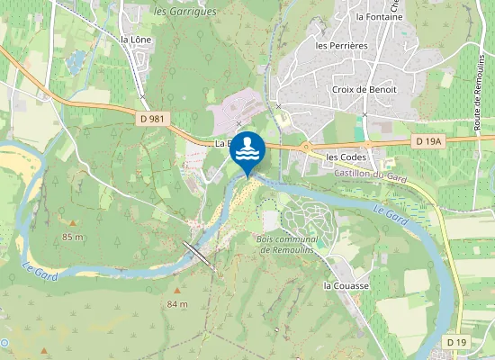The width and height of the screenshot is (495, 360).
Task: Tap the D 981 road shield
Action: click(x=153, y=118)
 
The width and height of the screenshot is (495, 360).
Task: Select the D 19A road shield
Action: click(x=428, y=141)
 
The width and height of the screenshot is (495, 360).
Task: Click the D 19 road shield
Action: click(x=457, y=343)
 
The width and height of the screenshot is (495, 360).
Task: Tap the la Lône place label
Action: click(x=136, y=40)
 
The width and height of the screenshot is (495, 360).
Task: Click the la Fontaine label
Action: click(x=377, y=16)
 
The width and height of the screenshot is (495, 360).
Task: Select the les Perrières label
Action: click(x=342, y=45)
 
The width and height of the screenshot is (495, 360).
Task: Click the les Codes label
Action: click(x=346, y=157)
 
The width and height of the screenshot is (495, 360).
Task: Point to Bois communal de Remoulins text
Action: click(x=288, y=245)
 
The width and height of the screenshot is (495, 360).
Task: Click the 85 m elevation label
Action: click(x=73, y=237)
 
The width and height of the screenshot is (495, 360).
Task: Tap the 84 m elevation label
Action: click(x=177, y=304)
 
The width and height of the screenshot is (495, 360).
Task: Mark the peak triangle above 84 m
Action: click(x=177, y=291)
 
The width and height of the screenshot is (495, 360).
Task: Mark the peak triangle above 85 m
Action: click(x=73, y=222)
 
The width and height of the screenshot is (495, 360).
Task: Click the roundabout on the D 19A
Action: click(x=307, y=145)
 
